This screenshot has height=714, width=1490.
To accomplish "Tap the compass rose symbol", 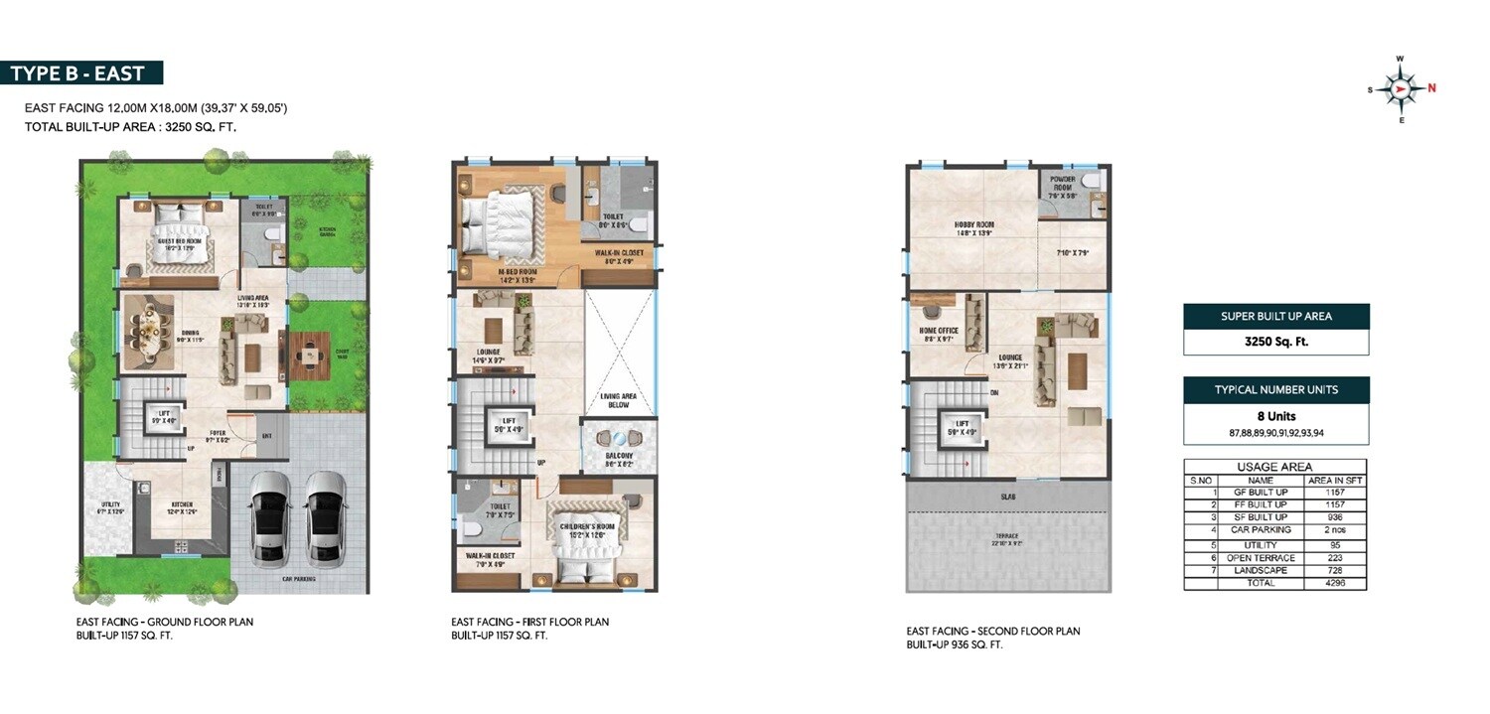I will pos(1400,89).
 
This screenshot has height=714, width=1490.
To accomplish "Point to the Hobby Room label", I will pos(973,225).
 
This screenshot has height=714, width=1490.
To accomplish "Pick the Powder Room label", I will pos(1062,184).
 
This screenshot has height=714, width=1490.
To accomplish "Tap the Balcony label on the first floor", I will pos(618,458).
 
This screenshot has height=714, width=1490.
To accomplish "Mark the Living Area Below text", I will pos(618,400).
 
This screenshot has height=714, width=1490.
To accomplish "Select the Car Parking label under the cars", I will pos(298,577).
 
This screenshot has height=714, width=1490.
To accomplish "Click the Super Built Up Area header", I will pos(1275,317).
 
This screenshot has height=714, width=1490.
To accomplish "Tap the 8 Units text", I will pos(1275,416).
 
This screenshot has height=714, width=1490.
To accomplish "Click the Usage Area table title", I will pos(1274,467).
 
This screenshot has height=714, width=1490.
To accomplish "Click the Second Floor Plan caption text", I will pos(993,632).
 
